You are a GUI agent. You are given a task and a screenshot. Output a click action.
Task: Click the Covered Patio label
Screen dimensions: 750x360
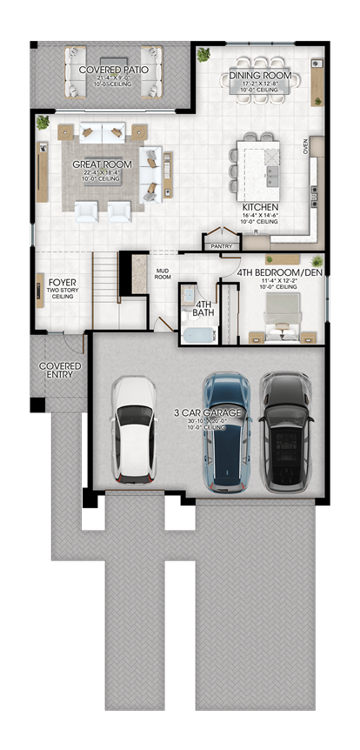113,69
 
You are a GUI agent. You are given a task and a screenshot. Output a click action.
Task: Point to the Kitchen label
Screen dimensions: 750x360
260,208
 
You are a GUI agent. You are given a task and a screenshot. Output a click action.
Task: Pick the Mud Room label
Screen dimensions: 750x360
163,274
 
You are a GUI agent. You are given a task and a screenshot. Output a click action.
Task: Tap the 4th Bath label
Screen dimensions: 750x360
204,304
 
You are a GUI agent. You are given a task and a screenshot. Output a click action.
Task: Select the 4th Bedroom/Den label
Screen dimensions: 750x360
280,271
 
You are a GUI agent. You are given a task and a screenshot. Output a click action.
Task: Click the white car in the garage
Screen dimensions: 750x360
135,429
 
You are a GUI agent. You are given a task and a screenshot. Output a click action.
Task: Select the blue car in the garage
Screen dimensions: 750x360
227,431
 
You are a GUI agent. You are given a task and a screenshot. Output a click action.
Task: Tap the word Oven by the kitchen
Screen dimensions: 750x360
305,145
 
